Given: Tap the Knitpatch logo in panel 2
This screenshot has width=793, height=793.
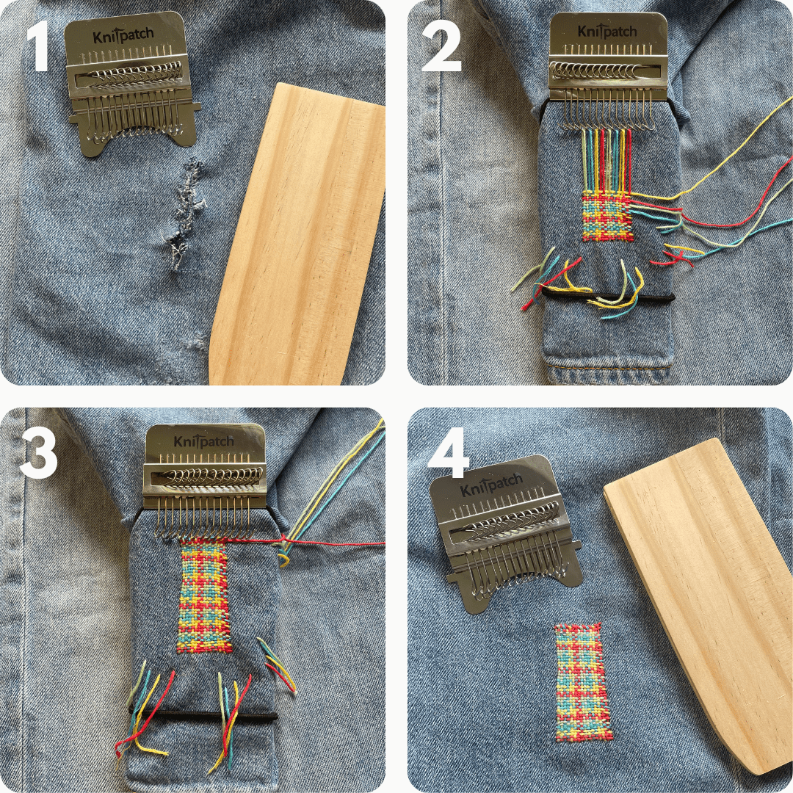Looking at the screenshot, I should coord(606,32).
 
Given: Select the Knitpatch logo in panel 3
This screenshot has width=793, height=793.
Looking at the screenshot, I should coord(203,441).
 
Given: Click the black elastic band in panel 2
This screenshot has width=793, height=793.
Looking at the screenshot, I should coord(609,297).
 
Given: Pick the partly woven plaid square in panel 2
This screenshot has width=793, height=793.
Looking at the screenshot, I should coord(606,216).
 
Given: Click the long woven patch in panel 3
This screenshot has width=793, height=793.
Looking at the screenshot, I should coord(205,596).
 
